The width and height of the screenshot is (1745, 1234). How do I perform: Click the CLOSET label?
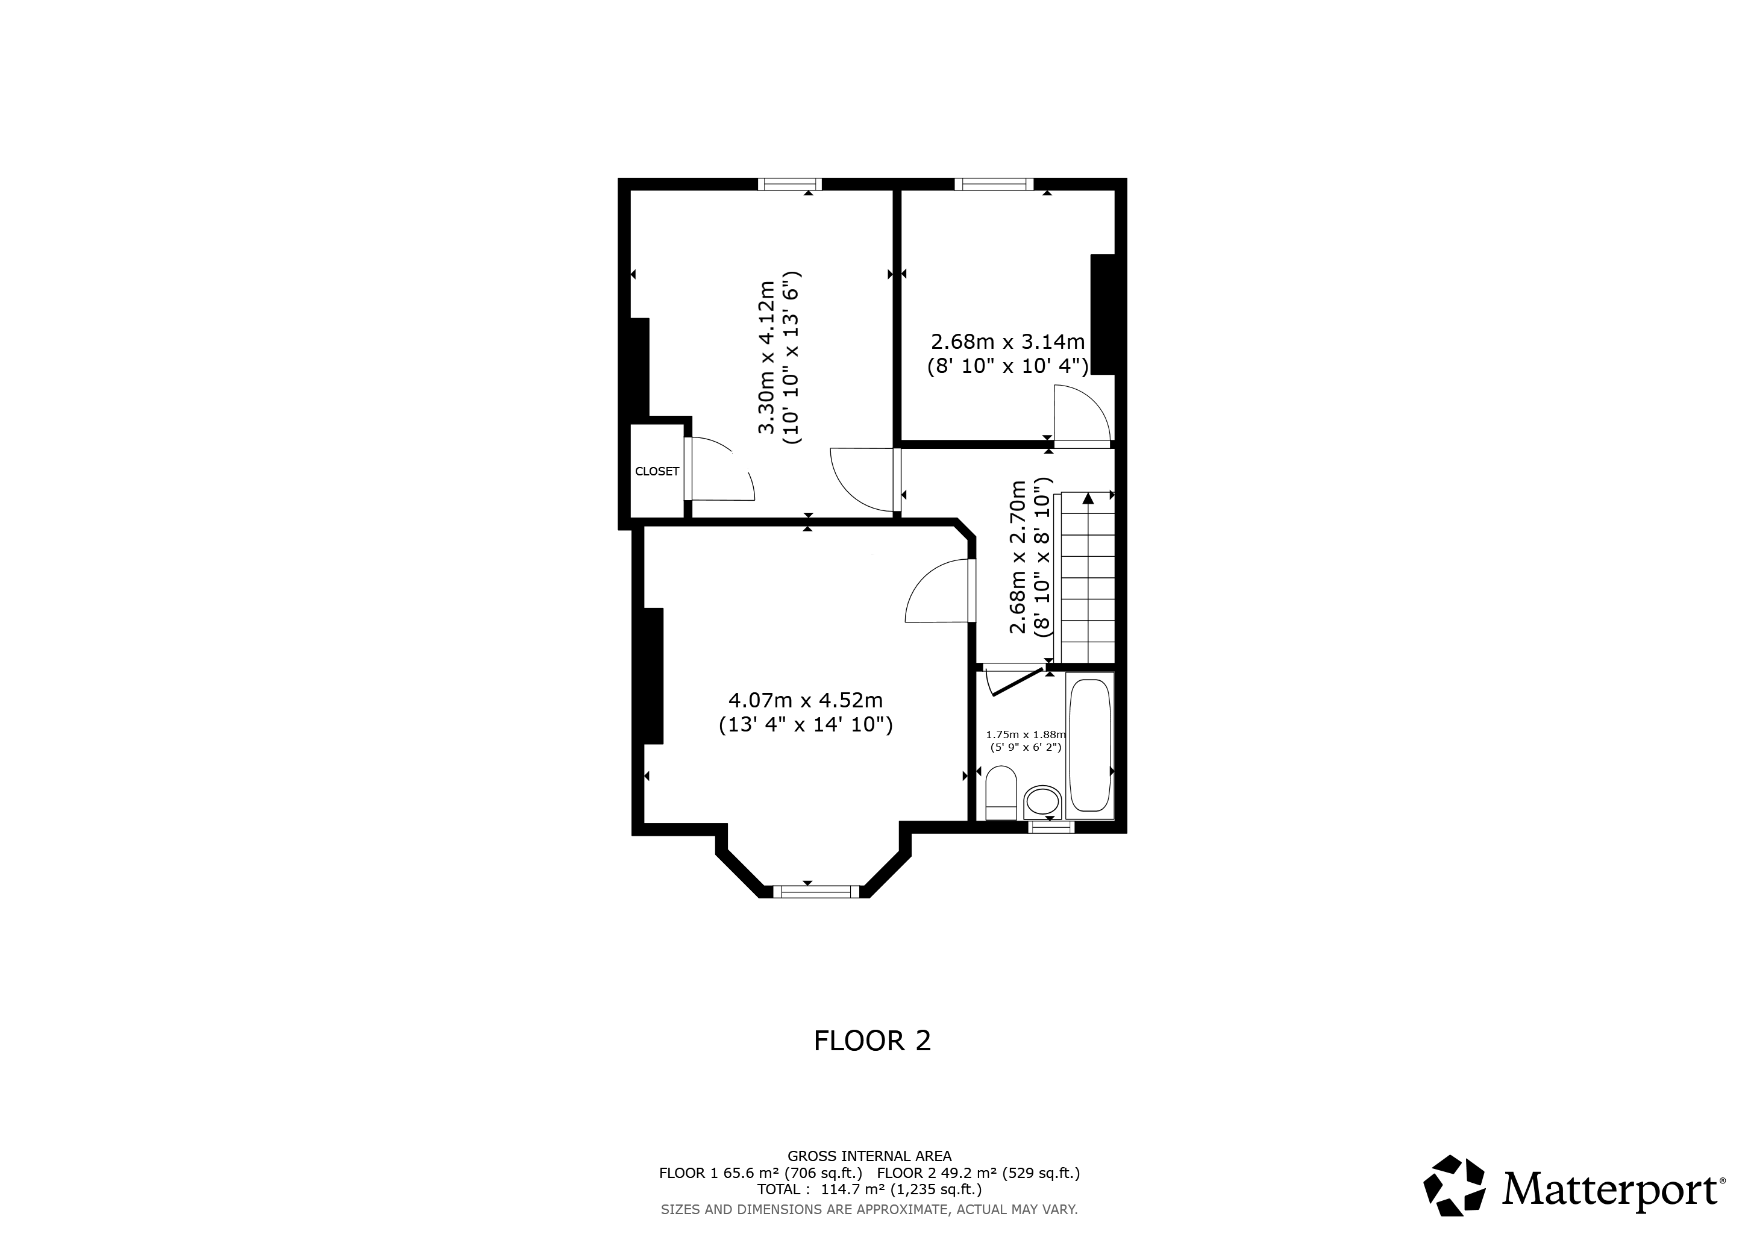coord(657,471)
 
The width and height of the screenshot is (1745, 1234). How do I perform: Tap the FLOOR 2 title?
coord(872,1040)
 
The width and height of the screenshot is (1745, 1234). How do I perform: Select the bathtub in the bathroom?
coord(1090,745)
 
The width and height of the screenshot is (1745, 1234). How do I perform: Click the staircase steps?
coord(1085,577)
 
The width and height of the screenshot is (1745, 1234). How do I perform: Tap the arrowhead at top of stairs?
coord(1088,498)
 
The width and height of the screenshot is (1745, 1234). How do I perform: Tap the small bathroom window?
coord(1051,827)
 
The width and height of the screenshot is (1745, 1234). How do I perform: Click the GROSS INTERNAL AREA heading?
coord(869,1156)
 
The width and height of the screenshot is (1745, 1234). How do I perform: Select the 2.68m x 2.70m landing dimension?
coord(1030,556)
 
